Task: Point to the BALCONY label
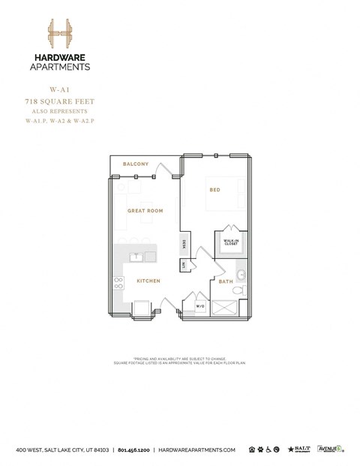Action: click(136, 164)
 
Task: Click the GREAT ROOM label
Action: click(145, 211)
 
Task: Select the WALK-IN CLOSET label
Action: click(231, 242)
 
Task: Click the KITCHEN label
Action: click(148, 281)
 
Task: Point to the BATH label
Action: click(226, 281)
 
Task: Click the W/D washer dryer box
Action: click(200, 306)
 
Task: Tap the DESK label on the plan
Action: click(184, 244)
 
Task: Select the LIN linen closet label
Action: click(184, 265)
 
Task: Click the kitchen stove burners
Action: click(118, 283)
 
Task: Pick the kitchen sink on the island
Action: click(136, 257)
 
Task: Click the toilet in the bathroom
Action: click(238, 290)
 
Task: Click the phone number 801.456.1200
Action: click(133, 449)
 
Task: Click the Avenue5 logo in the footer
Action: click(330, 449)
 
